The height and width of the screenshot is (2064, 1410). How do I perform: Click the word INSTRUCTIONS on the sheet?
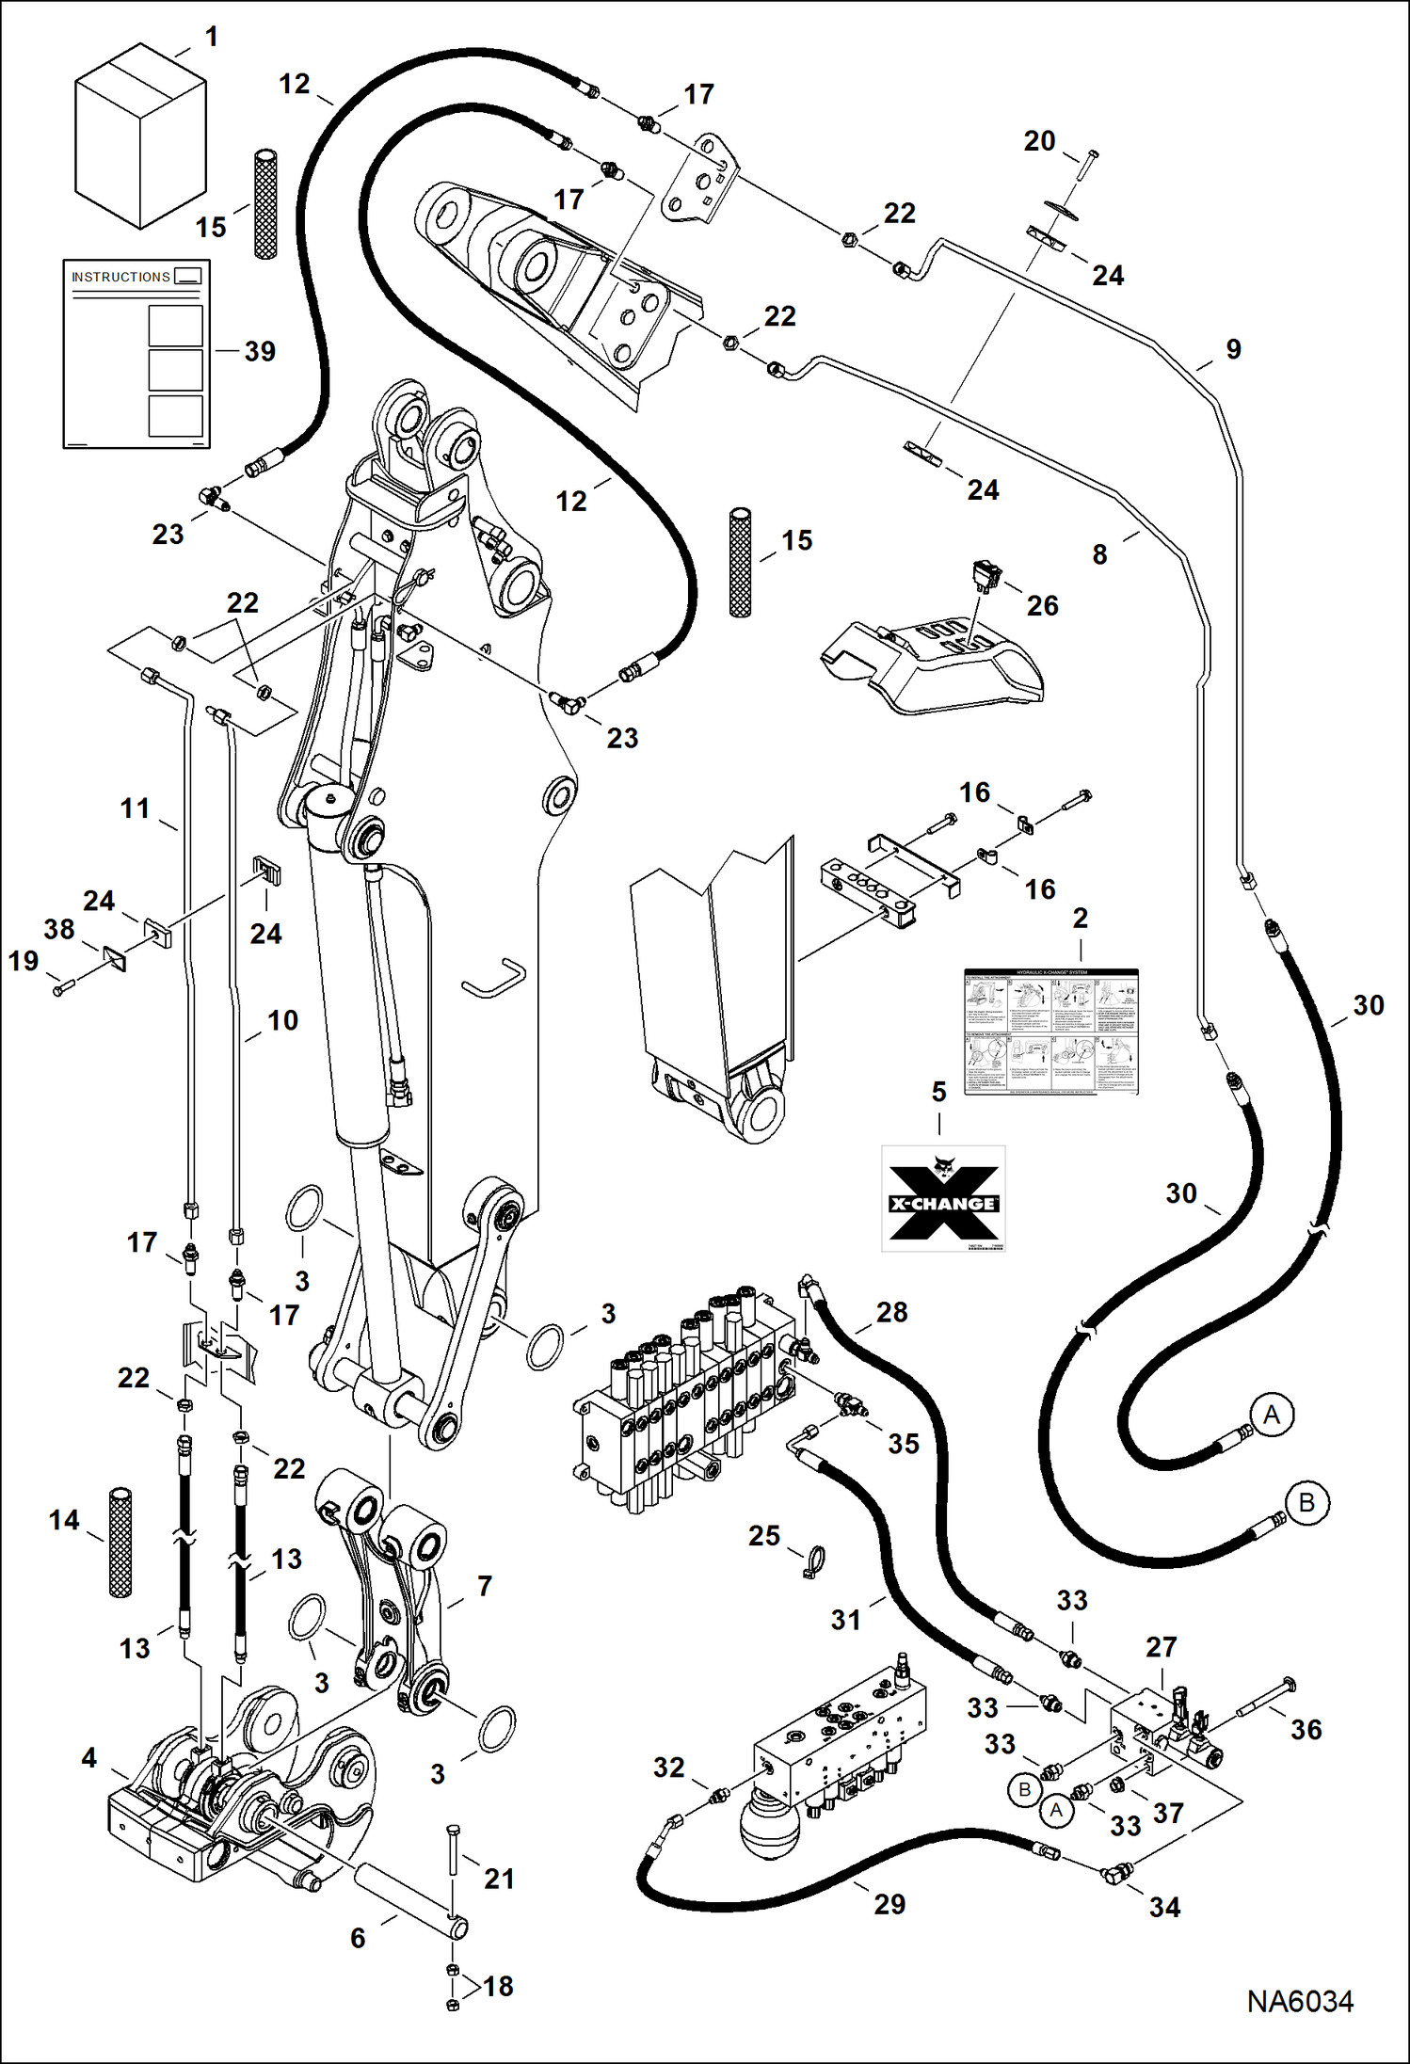tap(120, 277)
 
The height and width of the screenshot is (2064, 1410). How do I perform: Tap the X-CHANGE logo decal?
tap(943, 1199)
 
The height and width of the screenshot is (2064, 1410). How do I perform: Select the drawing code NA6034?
tap(1300, 2001)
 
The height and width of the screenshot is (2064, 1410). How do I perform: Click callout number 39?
tap(260, 351)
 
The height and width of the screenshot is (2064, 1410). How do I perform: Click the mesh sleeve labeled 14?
tap(120, 1542)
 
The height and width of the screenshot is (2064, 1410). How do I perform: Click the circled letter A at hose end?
tap(1272, 1415)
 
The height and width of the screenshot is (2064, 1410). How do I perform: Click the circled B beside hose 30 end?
tap(1306, 1502)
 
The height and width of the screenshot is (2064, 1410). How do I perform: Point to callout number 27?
tap(1161, 1647)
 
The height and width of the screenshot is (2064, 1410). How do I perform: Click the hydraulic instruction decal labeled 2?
tap(1051, 1032)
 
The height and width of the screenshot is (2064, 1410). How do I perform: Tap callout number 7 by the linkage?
tap(484, 1586)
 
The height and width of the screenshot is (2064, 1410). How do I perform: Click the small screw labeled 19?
tap(62, 988)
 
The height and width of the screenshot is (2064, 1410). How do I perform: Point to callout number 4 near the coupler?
tap(88, 1757)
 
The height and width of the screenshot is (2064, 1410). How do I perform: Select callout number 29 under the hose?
tap(889, 1904)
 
